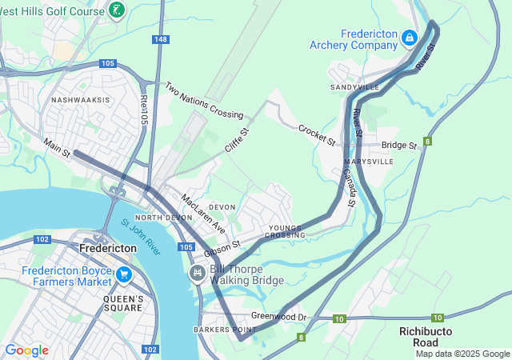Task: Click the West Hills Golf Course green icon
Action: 118,10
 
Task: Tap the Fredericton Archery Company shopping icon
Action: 409,37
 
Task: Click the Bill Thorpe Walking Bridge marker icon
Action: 197,274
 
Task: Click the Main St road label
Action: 57,146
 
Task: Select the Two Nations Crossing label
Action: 203,100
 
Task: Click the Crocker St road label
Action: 316,134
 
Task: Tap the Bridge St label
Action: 399,146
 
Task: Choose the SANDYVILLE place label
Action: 354,86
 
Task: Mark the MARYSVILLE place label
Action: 370,161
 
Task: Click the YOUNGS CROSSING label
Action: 286,231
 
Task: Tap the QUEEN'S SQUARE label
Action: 123,303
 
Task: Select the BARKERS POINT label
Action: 225,330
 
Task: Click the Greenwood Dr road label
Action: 278,317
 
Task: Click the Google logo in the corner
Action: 26,350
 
